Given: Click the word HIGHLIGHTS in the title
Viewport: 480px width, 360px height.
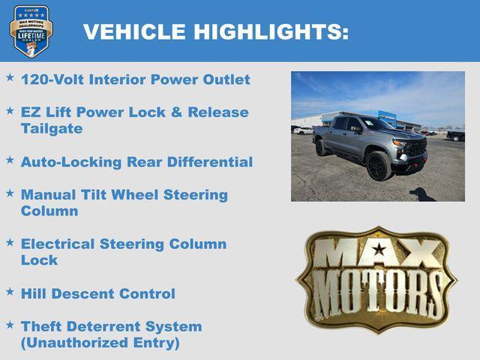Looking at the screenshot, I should coord(271,31).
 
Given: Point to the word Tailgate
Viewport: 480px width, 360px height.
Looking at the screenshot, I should coord(52,128).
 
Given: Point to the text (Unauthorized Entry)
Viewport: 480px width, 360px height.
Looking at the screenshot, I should coord(100,343).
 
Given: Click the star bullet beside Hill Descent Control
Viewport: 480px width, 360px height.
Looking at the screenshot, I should coord(10,292).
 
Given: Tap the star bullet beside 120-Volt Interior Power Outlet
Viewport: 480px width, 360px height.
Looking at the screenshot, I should coord(10,77).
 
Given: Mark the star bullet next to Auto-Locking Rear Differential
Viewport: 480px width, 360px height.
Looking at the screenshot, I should coord(10,160).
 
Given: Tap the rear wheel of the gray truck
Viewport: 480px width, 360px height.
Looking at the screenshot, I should coord(322,148).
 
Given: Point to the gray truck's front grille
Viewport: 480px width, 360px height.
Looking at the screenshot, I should coord(415,148).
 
